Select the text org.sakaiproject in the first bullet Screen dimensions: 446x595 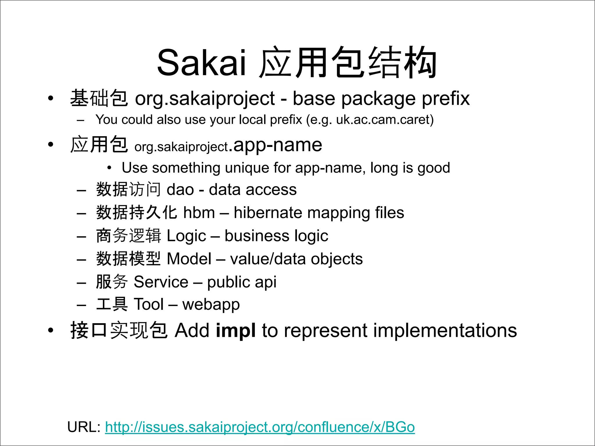click(x=205, y=99)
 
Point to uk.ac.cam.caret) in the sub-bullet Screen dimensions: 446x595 click(x=385, y=120)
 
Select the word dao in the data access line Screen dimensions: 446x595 click(x=180, y=190)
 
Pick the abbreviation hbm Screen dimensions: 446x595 click(x=199, y=213)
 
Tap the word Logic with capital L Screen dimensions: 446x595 click(x=186, y=236)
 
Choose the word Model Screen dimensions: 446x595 click(x=189, y=259)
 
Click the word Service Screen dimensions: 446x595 click(x=161, y=282)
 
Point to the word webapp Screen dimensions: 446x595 click(x=211, y=305)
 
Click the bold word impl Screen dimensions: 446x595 click(x=236, y=330)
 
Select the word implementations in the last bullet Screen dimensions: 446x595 click(x=445, y=330)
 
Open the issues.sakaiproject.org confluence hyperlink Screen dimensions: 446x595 click(x=260, y=427)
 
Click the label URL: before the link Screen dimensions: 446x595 click(x=84, y=427)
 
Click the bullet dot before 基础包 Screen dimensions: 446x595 click(x=51, y=98)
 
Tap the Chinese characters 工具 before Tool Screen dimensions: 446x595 click(x=112, y=304)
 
